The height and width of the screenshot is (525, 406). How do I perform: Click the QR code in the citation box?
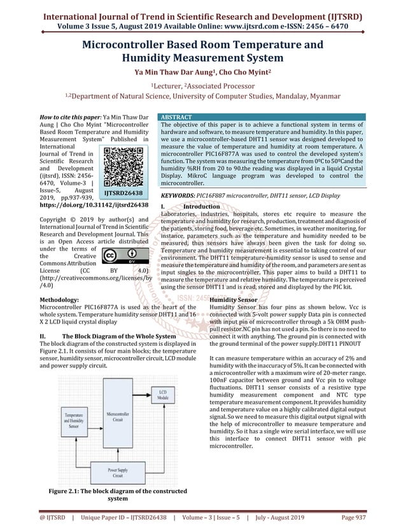tap(123, 164)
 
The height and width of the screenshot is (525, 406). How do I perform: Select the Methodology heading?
tap(59, 298)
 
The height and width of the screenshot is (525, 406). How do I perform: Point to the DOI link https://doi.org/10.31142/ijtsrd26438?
tap(94, 205)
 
